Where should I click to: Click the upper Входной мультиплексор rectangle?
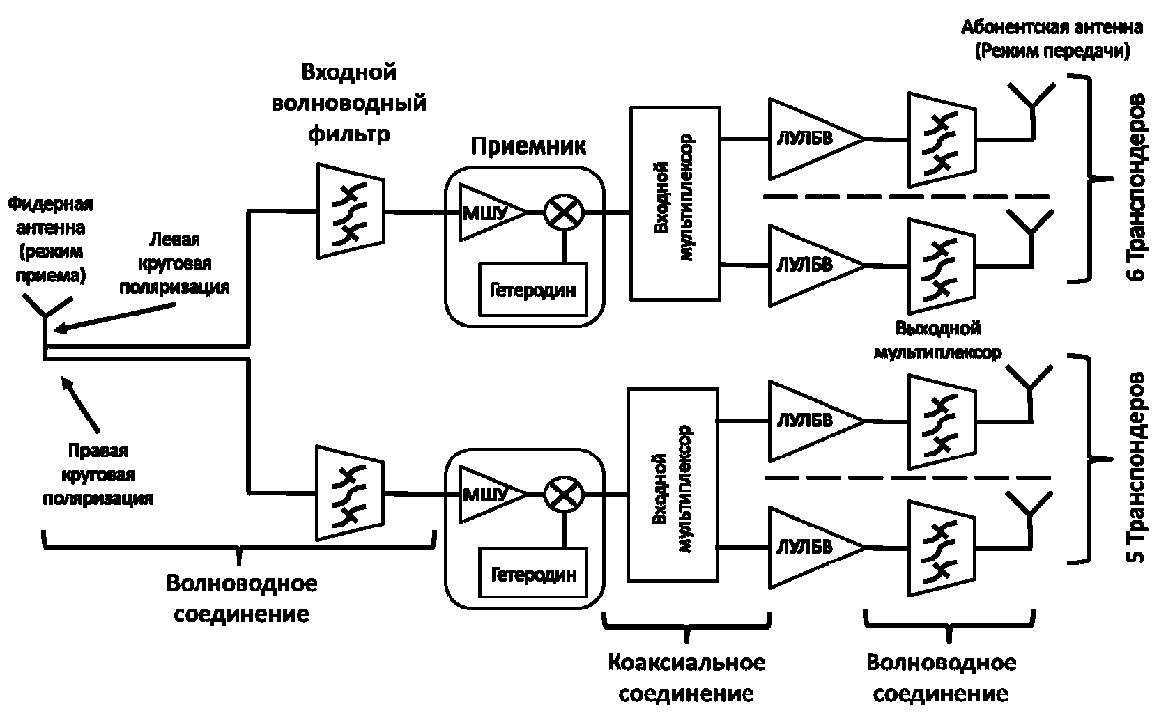point(675,203)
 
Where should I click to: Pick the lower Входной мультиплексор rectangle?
point(673,484)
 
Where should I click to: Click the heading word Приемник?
point(528,147)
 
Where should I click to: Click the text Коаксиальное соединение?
point(686,677)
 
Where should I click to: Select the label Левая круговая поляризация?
point(174,263)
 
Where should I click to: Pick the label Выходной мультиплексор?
point(937,340)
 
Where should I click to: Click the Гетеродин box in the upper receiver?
point(533,288)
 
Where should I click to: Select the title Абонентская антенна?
point(1052,28)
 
